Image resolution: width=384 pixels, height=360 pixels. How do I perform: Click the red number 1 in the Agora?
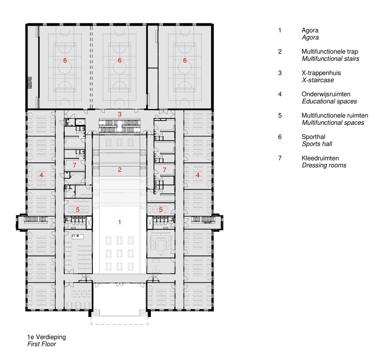tap(119, 222)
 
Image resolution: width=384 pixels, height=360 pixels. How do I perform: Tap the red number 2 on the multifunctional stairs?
tap(119, 170)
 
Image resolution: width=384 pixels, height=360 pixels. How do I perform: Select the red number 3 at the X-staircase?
tap(119, 114)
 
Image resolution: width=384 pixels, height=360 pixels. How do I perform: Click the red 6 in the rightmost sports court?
tap(185, 60)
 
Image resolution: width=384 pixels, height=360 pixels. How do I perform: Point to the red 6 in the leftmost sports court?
tap(65, 60)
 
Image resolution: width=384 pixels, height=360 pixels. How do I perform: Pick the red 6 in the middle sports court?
tap(119, 60)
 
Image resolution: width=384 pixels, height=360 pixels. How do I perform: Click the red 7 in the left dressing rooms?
tap(74, 165)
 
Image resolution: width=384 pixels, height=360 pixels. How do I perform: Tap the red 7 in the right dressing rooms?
tap(164, 170)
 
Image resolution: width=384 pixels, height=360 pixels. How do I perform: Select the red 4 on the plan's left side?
tap(42, 175)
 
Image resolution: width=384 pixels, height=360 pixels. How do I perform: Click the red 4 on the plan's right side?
tap(198, 175)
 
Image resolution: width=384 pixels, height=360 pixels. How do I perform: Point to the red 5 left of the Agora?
tap(77, 209)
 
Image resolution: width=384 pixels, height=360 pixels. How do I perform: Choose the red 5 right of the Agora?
tap(161, 209)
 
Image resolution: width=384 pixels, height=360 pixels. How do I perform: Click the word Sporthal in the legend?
tap(313, 137)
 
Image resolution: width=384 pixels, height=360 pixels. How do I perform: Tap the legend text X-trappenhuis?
tap(321, 73)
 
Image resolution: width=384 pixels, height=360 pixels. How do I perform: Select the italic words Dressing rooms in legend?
tap(324, 165)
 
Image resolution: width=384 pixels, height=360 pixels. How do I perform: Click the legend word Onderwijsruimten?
tap(326, 94)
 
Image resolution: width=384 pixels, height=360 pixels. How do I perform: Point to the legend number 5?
tap(280, 116)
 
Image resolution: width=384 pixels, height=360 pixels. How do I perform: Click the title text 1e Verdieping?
tap(46, 337)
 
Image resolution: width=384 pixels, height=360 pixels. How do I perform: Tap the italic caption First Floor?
tap(41, 344)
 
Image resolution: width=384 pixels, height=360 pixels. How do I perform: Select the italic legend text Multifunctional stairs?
tap(330, 59)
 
